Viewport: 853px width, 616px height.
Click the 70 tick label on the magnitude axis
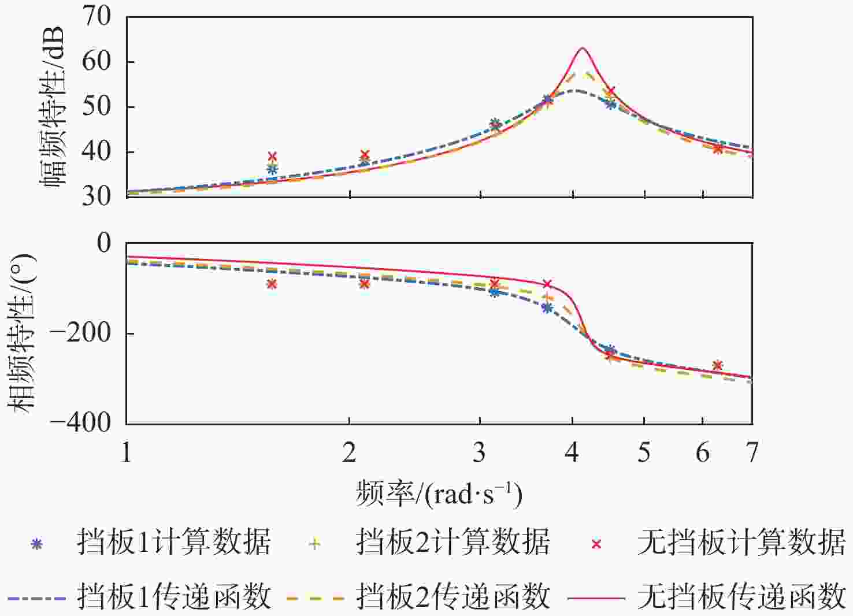click(97, 17)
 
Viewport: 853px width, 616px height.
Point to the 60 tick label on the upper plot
click(97, 61)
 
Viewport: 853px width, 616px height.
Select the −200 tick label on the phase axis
click(80, 333)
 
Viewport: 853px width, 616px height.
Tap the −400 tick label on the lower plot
click(80, 423)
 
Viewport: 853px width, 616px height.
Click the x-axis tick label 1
click(127, 452)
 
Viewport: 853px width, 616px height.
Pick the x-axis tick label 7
click(751, 452)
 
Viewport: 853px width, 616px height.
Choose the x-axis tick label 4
click(572, 452)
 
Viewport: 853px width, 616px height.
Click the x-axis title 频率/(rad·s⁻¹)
click(439, 494)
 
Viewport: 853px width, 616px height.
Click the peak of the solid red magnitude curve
click(582, 49)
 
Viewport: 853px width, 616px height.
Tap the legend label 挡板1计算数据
click(173, 543)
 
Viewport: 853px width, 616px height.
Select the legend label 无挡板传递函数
click(741, 596)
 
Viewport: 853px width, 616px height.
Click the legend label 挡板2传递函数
click(453, 596)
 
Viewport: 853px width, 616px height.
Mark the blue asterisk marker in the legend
click(37, 544)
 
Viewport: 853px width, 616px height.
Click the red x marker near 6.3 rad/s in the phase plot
click(718, 365)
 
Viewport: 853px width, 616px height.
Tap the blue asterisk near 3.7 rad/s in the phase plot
click(547, 308)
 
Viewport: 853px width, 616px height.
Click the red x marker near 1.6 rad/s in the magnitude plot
click(272, 157)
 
